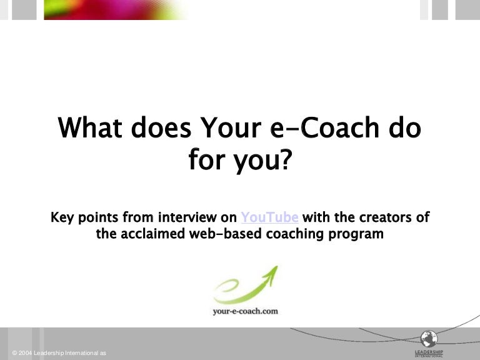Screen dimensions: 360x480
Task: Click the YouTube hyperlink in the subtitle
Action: point(269,217)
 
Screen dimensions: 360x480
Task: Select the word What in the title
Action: point(92,128)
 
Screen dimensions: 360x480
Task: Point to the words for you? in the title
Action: point(240,161)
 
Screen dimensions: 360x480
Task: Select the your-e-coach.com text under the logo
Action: point(245,311)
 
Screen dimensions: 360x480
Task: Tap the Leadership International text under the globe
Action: point(428,353)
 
